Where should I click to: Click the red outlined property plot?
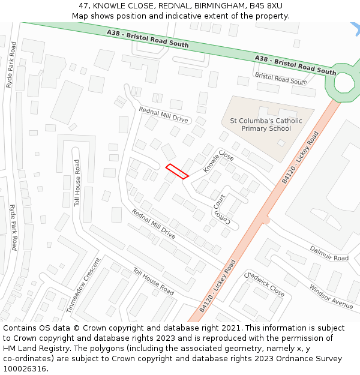click(177, 171)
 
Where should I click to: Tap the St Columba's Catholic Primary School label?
click(266, 125)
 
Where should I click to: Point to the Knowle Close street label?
click(218, 161)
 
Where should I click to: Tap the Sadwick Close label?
click(265, 283)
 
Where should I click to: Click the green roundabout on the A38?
click(344, 82)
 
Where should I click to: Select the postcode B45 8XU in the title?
click(266, 6)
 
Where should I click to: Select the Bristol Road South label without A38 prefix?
click(280, 79)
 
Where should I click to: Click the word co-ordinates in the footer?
click(28, 359)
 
